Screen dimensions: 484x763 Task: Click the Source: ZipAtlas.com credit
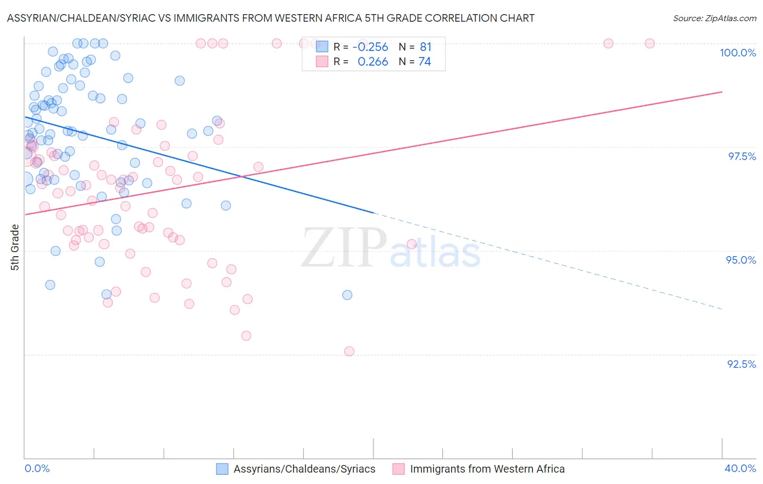coord(714,18)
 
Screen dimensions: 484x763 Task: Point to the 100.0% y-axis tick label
coord(737,53)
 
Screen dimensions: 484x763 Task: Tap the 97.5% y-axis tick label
coord(742,156)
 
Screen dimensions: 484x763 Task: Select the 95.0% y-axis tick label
coord(741,260)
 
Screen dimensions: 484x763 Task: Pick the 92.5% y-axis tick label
coord(741,364)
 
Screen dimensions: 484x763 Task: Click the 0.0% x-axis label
coord(37,468)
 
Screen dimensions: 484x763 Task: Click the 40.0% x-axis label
coord(740,468)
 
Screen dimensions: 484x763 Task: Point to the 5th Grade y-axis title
coord(15,247)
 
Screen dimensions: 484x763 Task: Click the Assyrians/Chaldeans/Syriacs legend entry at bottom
coord(296,469)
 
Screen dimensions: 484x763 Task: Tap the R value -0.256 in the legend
coord(370,47)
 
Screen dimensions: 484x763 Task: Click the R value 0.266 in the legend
coord(373,62)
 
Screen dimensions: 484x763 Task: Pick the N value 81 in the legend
coord(425,47)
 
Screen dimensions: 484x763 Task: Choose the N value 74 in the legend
coord(425,62)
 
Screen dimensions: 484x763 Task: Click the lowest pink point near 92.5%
coord(349,352)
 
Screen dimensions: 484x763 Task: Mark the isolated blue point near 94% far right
coord(347,295)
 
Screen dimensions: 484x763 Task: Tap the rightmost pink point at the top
coord(650,43)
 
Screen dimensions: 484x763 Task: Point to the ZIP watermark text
coord(344,249)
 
